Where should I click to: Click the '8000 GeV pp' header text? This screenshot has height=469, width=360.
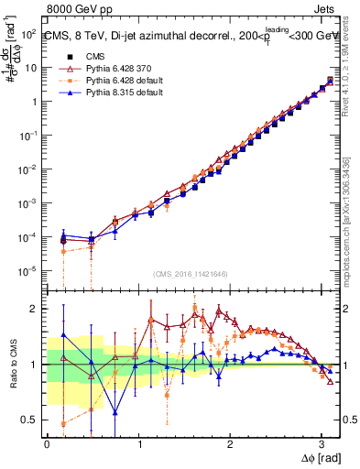point(80,9)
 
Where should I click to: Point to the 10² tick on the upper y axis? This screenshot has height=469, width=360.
point(29,35)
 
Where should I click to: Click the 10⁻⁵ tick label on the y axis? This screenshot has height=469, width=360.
point(29,270)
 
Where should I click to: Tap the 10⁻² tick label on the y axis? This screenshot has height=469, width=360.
point(29,169)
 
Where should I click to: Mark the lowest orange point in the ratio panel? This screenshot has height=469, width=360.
point(62,423)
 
